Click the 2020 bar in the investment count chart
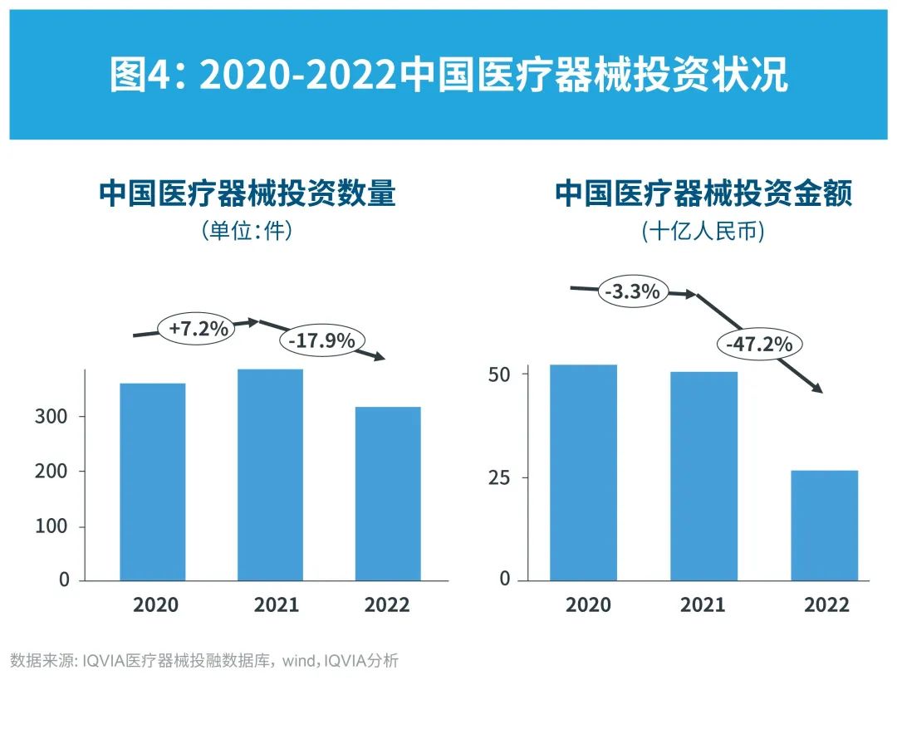pyautogui.click(x=153, y=482)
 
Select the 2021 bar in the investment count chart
pyautogui.click(x=270, y=474)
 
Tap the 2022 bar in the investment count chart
pyautogui.click(x=388, y=493)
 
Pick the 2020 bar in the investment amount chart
pyautogui.click(x=584, y=472)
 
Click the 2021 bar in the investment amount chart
pyautogui.click(x=703, y=475)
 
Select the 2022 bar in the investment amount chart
pyautogui.click(x=824, y=525)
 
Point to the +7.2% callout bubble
pyautogui.click(x=198, y=329)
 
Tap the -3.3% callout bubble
pyautogui.click(x=632, y=291)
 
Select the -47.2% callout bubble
pyautogui.click(x=758, y=343)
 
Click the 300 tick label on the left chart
pyautogui.click(x=51, y=417)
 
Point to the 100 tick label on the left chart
pyautogui.click(x=51, y=527)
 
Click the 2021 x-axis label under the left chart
pyautogui.click(x=276, y=604)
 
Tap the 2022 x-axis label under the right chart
pyautogui.click(x=826, y=604)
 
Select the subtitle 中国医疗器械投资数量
pyautogui.click(x=247, y=194)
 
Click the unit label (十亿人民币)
pyautogui.click(x=703, y=232)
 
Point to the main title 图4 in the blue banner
pyautogui.click(x=448, y=76)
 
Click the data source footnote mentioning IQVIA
pyautogui.click(x=204, y=662)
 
